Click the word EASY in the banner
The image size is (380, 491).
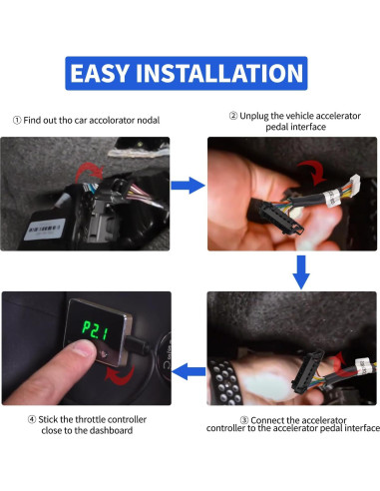[x=100, y=73]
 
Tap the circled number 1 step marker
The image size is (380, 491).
[x=17, y=120]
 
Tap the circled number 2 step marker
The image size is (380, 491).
[x=233, y=116]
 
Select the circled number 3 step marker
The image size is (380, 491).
[x=244, y=420]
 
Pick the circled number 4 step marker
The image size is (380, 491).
[x=32, y=419]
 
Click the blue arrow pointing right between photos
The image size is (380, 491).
[x=188, y=186]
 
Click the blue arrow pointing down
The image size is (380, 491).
[x=301, y=272]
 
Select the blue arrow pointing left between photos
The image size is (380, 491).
[x=189, y=371]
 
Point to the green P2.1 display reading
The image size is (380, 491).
[x=96, y=330]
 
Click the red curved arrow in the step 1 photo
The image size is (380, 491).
[x=88, y=172]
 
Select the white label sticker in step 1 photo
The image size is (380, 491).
[x=44, y=230]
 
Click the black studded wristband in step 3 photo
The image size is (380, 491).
[x=225, y=382]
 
